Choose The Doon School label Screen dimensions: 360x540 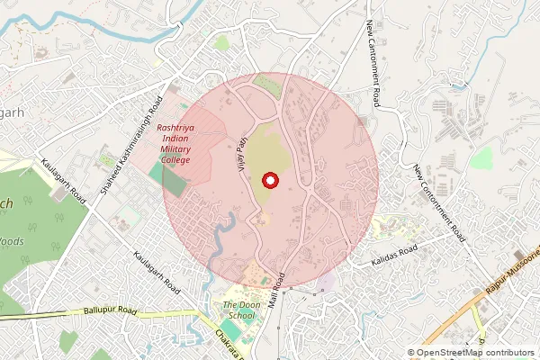tap(240, 310)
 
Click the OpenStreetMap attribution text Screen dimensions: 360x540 tap(475, 353)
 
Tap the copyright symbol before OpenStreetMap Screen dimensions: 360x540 tap(411, 353)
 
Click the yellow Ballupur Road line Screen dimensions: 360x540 tap(54, 313)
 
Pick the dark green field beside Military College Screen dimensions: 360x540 tap(175, 177)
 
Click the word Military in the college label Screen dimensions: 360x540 tap(175, 148)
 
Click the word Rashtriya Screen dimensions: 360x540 tap(175, 128)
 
